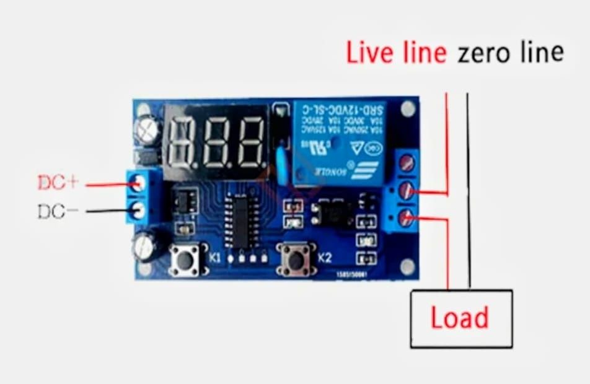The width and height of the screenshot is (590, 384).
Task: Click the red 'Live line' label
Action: point(396,53)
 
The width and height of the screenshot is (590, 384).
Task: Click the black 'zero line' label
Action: point(511,53)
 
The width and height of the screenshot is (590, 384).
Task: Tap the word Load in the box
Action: point(460,318)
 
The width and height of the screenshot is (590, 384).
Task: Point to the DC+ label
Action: point(58,183)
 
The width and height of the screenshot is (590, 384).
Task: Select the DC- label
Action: point(58,211)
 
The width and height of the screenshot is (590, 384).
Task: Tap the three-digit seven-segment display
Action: point(216,141)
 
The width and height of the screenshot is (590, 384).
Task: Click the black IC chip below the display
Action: point(242,220)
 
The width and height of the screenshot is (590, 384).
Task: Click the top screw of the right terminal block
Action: point(407,164)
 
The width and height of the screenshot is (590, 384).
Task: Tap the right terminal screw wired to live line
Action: point(407,191)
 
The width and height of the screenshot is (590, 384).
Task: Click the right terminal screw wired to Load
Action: point(407,218)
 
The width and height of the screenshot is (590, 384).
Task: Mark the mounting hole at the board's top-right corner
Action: point(407,110)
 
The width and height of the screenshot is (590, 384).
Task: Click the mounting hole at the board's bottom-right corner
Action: point(407,266)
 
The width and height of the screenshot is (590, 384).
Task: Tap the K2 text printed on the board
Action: point(326,258)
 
